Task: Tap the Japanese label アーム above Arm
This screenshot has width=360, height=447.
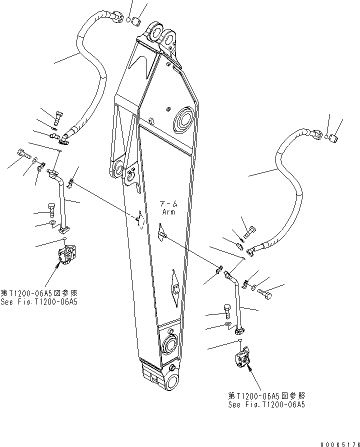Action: (167, 204)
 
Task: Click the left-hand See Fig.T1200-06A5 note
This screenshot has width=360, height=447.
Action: (40, 302)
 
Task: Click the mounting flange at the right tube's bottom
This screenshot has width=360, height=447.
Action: (240, 329)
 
